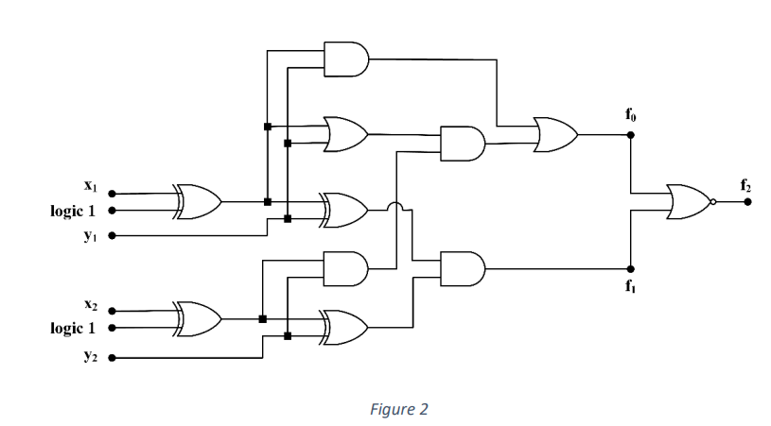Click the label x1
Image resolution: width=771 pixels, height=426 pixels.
coord(92,186)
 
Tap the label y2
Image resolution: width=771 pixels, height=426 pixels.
coord(92,358)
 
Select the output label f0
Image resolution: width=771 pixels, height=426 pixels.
coord(631,116)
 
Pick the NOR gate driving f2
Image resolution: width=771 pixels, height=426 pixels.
coord(688,201)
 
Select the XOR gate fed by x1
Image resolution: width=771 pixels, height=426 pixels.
coord(198,200)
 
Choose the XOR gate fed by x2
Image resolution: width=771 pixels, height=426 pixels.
coord(198,319)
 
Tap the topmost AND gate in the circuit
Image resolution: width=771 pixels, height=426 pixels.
coord(345,59)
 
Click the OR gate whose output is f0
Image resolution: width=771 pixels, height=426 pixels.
coord(555,134)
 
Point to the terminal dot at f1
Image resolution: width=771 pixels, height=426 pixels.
coord(631,268)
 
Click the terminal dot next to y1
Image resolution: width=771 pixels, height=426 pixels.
coord(113,234)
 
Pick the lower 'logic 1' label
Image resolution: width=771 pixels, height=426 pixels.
coord(73,329)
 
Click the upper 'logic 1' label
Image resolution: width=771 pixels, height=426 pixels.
coord(73,211)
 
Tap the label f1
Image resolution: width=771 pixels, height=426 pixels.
coord(631,286)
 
